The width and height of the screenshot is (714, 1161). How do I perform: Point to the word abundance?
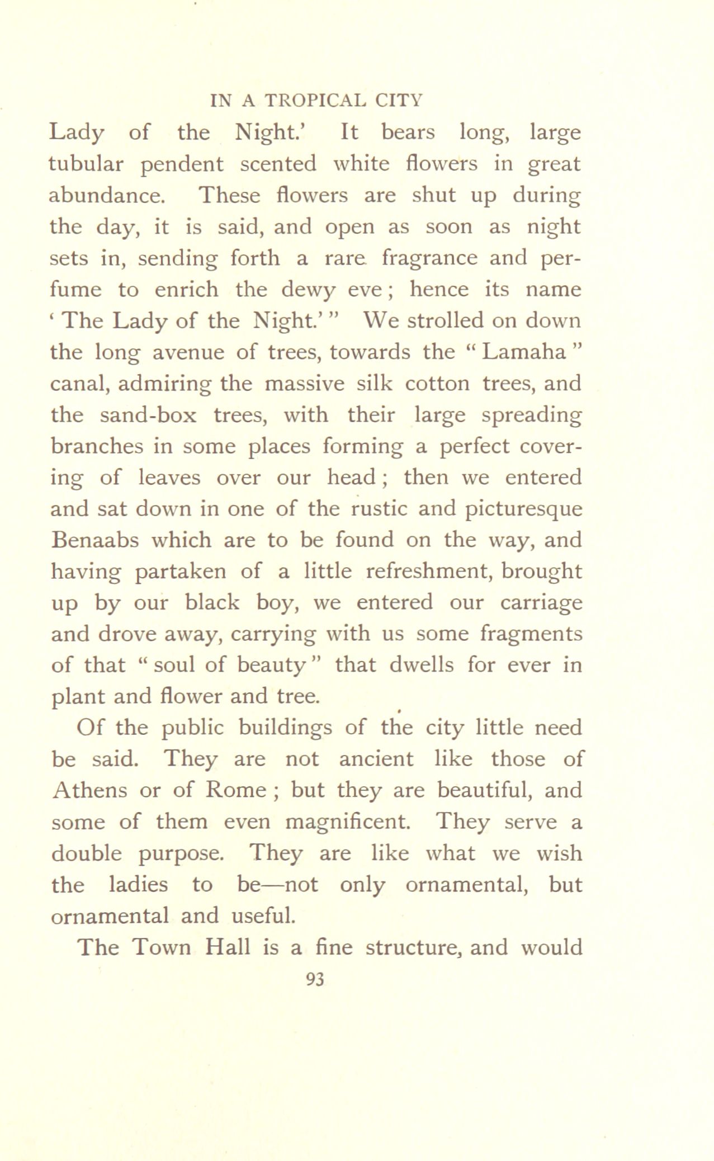[107, 195]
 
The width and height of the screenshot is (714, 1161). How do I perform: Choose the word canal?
[78, 384]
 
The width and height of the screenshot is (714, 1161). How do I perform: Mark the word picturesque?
[517, 509]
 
